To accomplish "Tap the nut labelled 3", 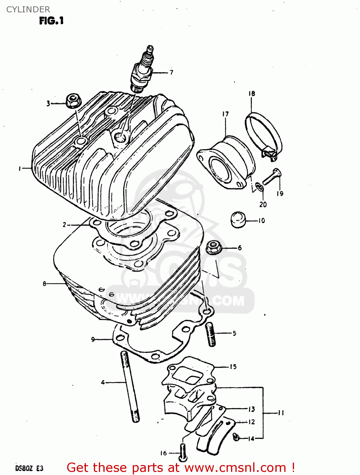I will point(73,100).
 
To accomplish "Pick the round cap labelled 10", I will point(239,219).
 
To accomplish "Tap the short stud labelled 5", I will point(211,334).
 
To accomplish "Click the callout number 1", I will point(20,168).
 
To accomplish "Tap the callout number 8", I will point(45,284).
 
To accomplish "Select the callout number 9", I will point(93,339).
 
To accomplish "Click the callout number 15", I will point(233,367).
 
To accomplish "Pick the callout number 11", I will point(281,413).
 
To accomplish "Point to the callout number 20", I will point(263,205).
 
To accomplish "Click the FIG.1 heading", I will point(51,21).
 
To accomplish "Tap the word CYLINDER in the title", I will point(28,9).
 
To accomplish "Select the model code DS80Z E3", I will point(29,468).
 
